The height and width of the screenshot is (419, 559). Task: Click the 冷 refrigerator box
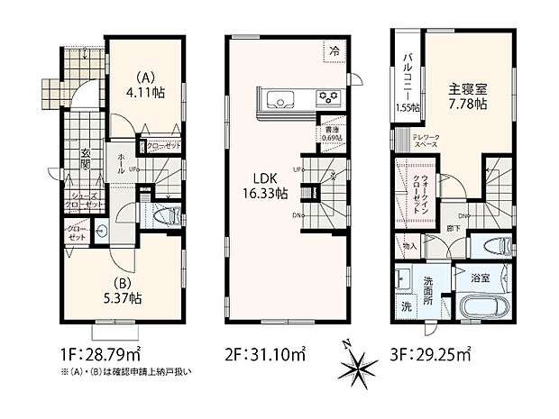pos(333,51)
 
